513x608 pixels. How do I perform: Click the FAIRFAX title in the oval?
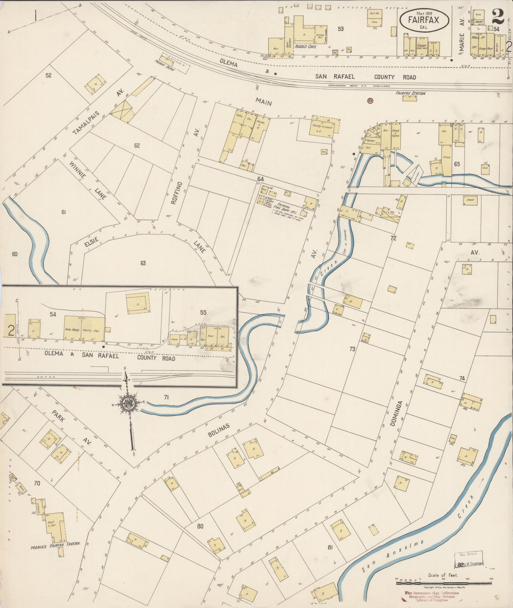tap(424, 20)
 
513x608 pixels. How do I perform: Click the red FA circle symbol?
tap(370, 100)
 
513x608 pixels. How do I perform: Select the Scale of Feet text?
tap(443, 575)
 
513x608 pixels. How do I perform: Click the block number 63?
tap(143, 263)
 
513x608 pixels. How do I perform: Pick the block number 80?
tap(200, 499)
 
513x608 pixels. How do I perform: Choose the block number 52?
tap(48, 75)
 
